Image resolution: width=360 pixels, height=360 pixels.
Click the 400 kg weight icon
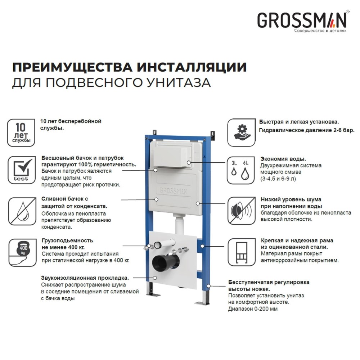pos(21,250)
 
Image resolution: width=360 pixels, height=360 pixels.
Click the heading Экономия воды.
pos(283,159)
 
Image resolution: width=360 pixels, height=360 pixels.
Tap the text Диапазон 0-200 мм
pos(253,309)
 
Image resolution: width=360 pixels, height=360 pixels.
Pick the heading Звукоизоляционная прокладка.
pos(85,278)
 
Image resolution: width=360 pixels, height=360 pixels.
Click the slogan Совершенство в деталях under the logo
pos(320,31)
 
